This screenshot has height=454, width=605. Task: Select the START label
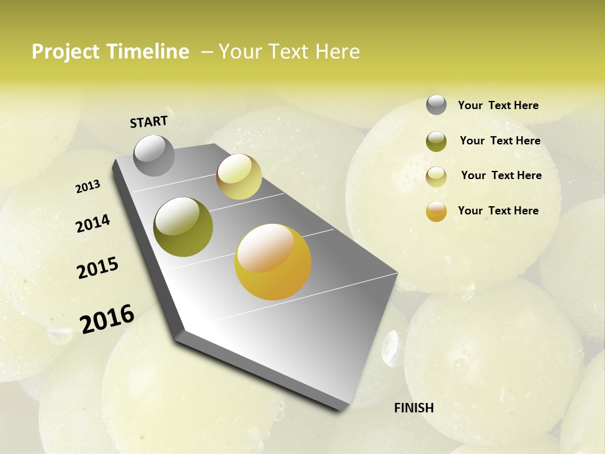[x=149, y=122]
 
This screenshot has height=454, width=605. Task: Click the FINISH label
[x=413, y=408]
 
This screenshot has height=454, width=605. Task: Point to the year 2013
[x=88, y=187]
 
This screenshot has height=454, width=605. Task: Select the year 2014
[x=93, y=223]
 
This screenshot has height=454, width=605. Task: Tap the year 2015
[x=98, y=268]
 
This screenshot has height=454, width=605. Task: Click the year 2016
[x=107, y=318]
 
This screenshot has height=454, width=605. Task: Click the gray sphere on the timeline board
[x=154, y=155]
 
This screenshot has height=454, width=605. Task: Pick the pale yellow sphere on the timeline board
[x=239, y=177]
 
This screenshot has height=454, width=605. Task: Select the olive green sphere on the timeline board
[x=183, y=227]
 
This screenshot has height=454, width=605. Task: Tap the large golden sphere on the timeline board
[x=273, y=262]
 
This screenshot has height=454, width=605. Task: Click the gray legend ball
[x=436, y=105]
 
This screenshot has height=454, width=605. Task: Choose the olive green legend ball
[x=436, y=141]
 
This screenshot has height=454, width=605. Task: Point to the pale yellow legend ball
[x=436, y=177]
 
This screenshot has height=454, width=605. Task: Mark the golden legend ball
[x=436, y=211]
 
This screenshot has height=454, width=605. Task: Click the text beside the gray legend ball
[x=498, y=106]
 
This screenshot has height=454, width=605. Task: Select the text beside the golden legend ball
[x=498, y=211]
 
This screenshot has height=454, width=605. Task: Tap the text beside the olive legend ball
[x=500, y=141]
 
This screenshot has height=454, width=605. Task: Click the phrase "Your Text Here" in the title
[x=289, y=52]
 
